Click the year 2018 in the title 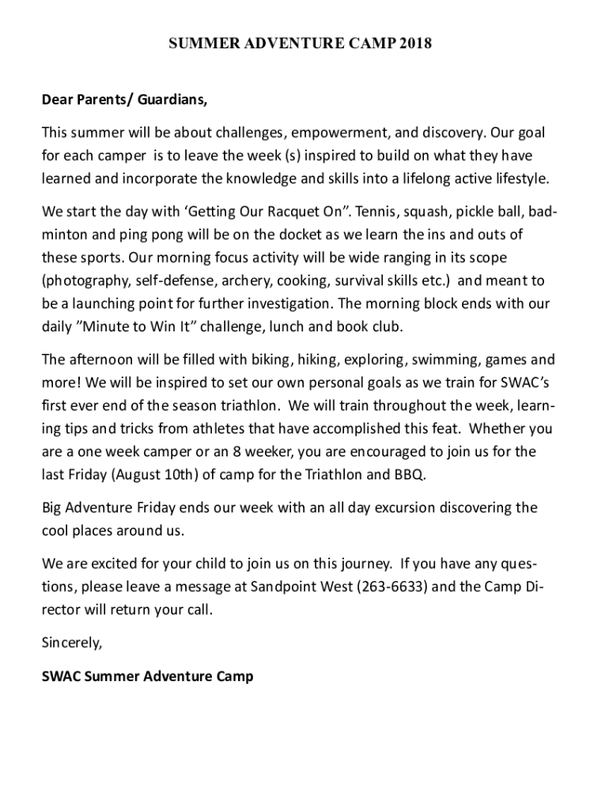(416, 44)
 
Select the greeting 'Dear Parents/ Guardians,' (125, 100)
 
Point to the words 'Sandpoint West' (295, 587)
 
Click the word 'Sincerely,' (72, 643)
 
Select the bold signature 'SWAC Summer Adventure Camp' (147, 676)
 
